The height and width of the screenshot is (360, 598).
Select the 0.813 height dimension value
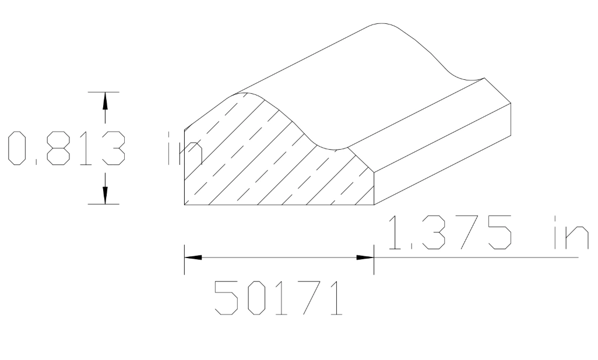66,149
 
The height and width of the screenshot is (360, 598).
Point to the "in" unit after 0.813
184,149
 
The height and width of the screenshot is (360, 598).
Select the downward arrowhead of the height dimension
105,195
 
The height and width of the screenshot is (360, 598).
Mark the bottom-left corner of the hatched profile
184,204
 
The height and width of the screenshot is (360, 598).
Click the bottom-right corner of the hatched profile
374,204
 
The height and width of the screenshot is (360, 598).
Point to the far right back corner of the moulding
511,103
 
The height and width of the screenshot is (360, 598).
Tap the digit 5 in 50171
227,298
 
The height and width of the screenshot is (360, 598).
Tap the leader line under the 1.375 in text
478,257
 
